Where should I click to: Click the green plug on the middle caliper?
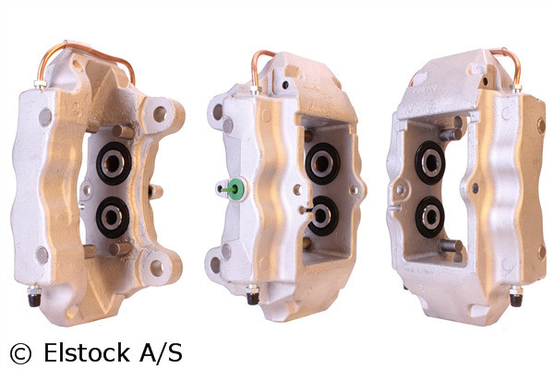point(235,188)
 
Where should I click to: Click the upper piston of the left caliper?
point(114,162)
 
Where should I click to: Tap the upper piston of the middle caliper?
point(323,164)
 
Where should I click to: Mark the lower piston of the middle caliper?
point(323,215)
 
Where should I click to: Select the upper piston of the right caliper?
point(429,162)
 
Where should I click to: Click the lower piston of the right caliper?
point(429,216)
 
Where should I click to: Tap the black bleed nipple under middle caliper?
point(252,297)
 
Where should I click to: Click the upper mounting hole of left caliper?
point(160,114)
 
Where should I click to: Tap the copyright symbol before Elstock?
point(20,352)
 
